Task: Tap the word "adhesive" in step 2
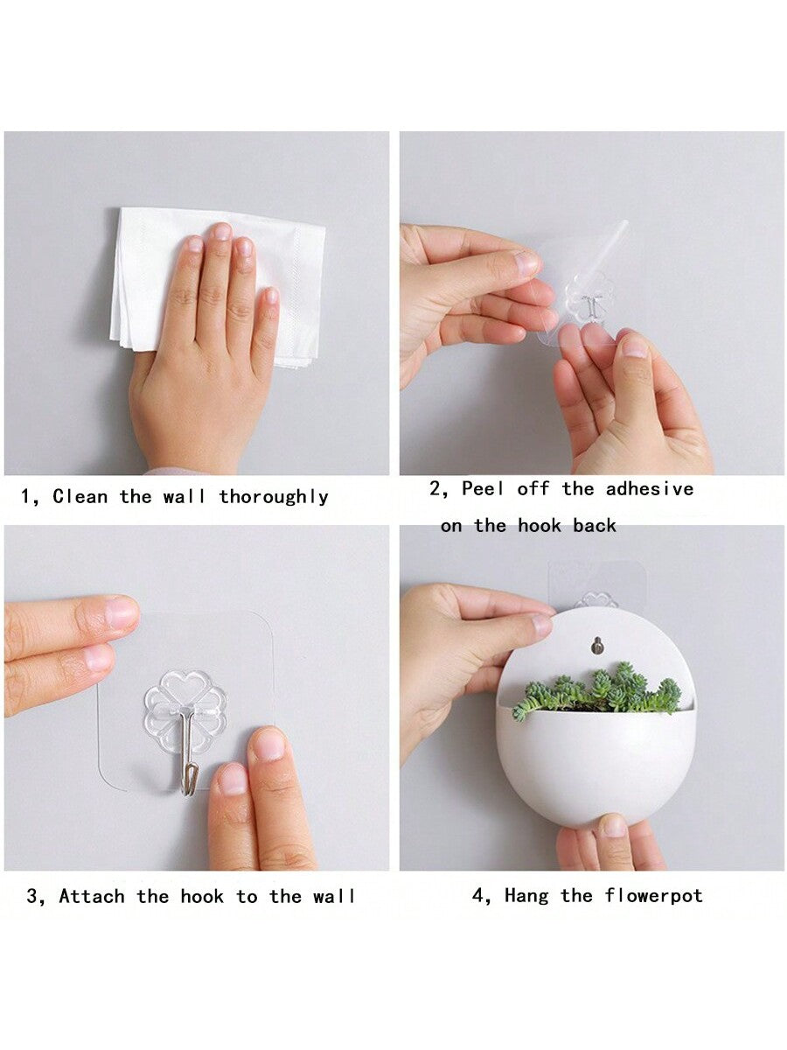650,488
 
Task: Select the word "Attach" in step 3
92,895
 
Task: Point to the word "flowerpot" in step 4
654,895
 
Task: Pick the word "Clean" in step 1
80,496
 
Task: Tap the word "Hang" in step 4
526,895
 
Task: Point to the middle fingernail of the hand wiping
223,232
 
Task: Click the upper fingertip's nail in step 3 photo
122,611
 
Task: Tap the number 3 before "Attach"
32,895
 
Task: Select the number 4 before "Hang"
477,894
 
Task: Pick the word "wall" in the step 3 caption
334,895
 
